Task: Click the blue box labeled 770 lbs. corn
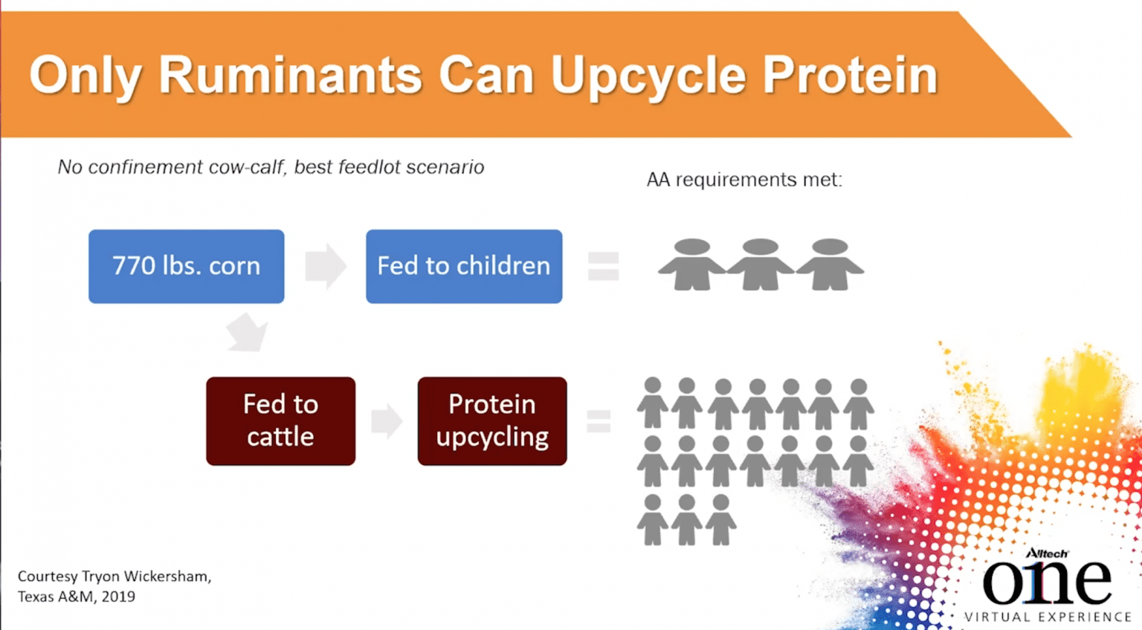click(x=186, y=267)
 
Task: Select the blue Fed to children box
click(x=464, y=267)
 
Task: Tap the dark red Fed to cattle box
click(x=280, y=420)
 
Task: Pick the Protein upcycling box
click(x=492, y=420)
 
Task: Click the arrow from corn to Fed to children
click(x=326, y=267)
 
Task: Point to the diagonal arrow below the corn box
click(x=248, y=332)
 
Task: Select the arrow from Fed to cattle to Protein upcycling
click(x=387, y=420)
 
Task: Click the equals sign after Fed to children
click(x=603, y=267)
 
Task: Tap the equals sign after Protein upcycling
click(x=599, y=421)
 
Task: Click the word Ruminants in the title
click(x=290, y=75)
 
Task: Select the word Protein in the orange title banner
click(x=850, y=75)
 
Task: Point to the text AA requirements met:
click(x=744, y=179)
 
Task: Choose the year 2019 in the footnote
click(x=118, y=597)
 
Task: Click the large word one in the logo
click(x=1047, y=582)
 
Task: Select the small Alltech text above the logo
click(x=1047, y=553)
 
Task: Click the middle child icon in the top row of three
click(x=760, y=264)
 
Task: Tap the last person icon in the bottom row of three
click(x=720, y=520)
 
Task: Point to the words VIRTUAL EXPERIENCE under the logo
click(x=1048, y=617)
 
